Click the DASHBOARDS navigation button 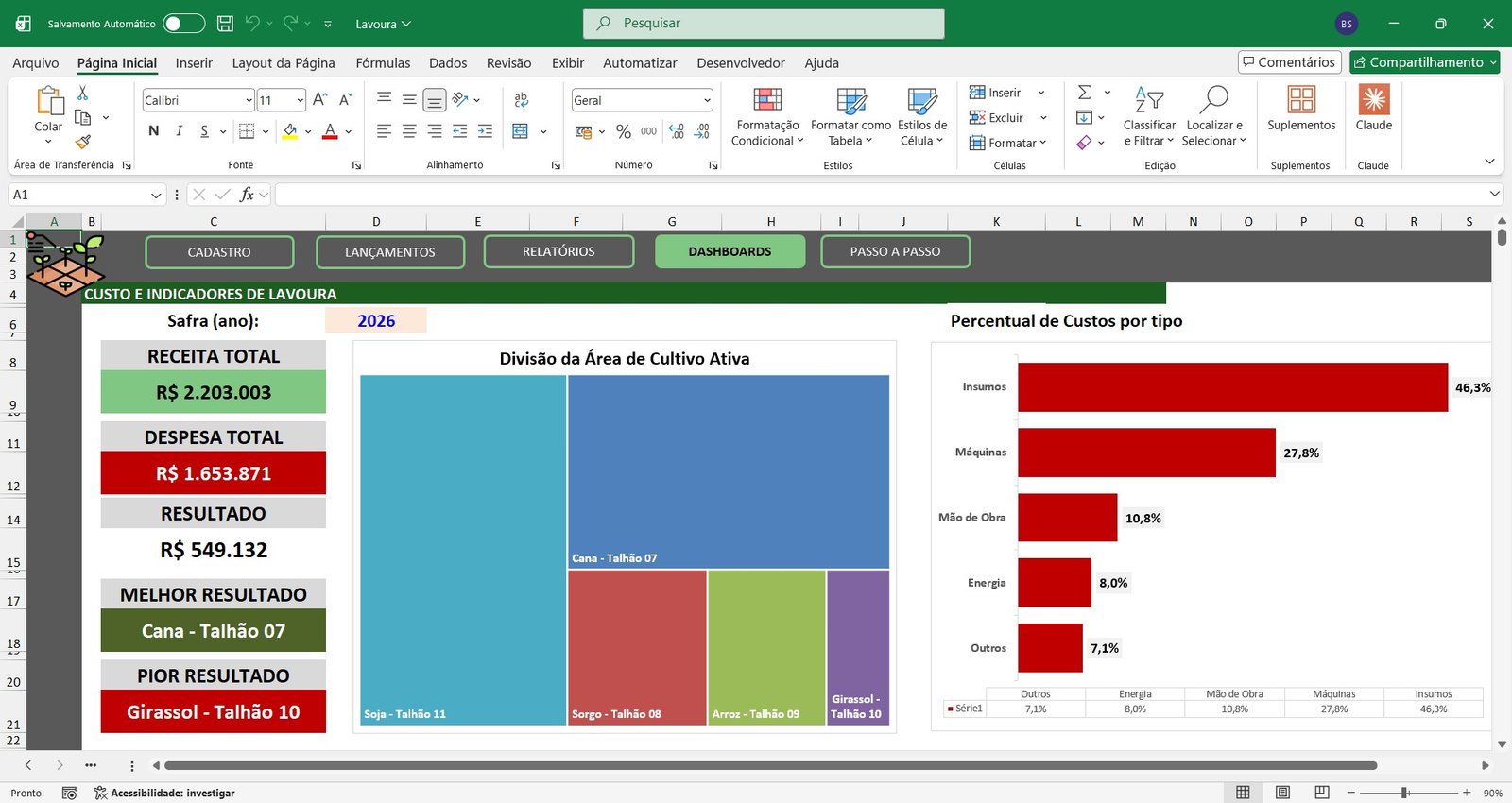[730, 251]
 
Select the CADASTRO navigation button [218, 252]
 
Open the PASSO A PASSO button [895, 251]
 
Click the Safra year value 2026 [376, 320]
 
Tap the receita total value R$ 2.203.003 [214, 392]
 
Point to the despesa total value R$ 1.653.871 [214, 473]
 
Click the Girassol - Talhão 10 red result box [214, 711]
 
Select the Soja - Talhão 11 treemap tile [463, 550]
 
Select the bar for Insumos [1232, 387]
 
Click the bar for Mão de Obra [1067, 518]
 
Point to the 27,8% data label [1300, 453]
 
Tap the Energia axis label [987, 583]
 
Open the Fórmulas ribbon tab [383, 62]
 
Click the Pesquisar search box [764, 23]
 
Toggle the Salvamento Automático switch [184, 24]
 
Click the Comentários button [1289, 62]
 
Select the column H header [771, 221]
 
